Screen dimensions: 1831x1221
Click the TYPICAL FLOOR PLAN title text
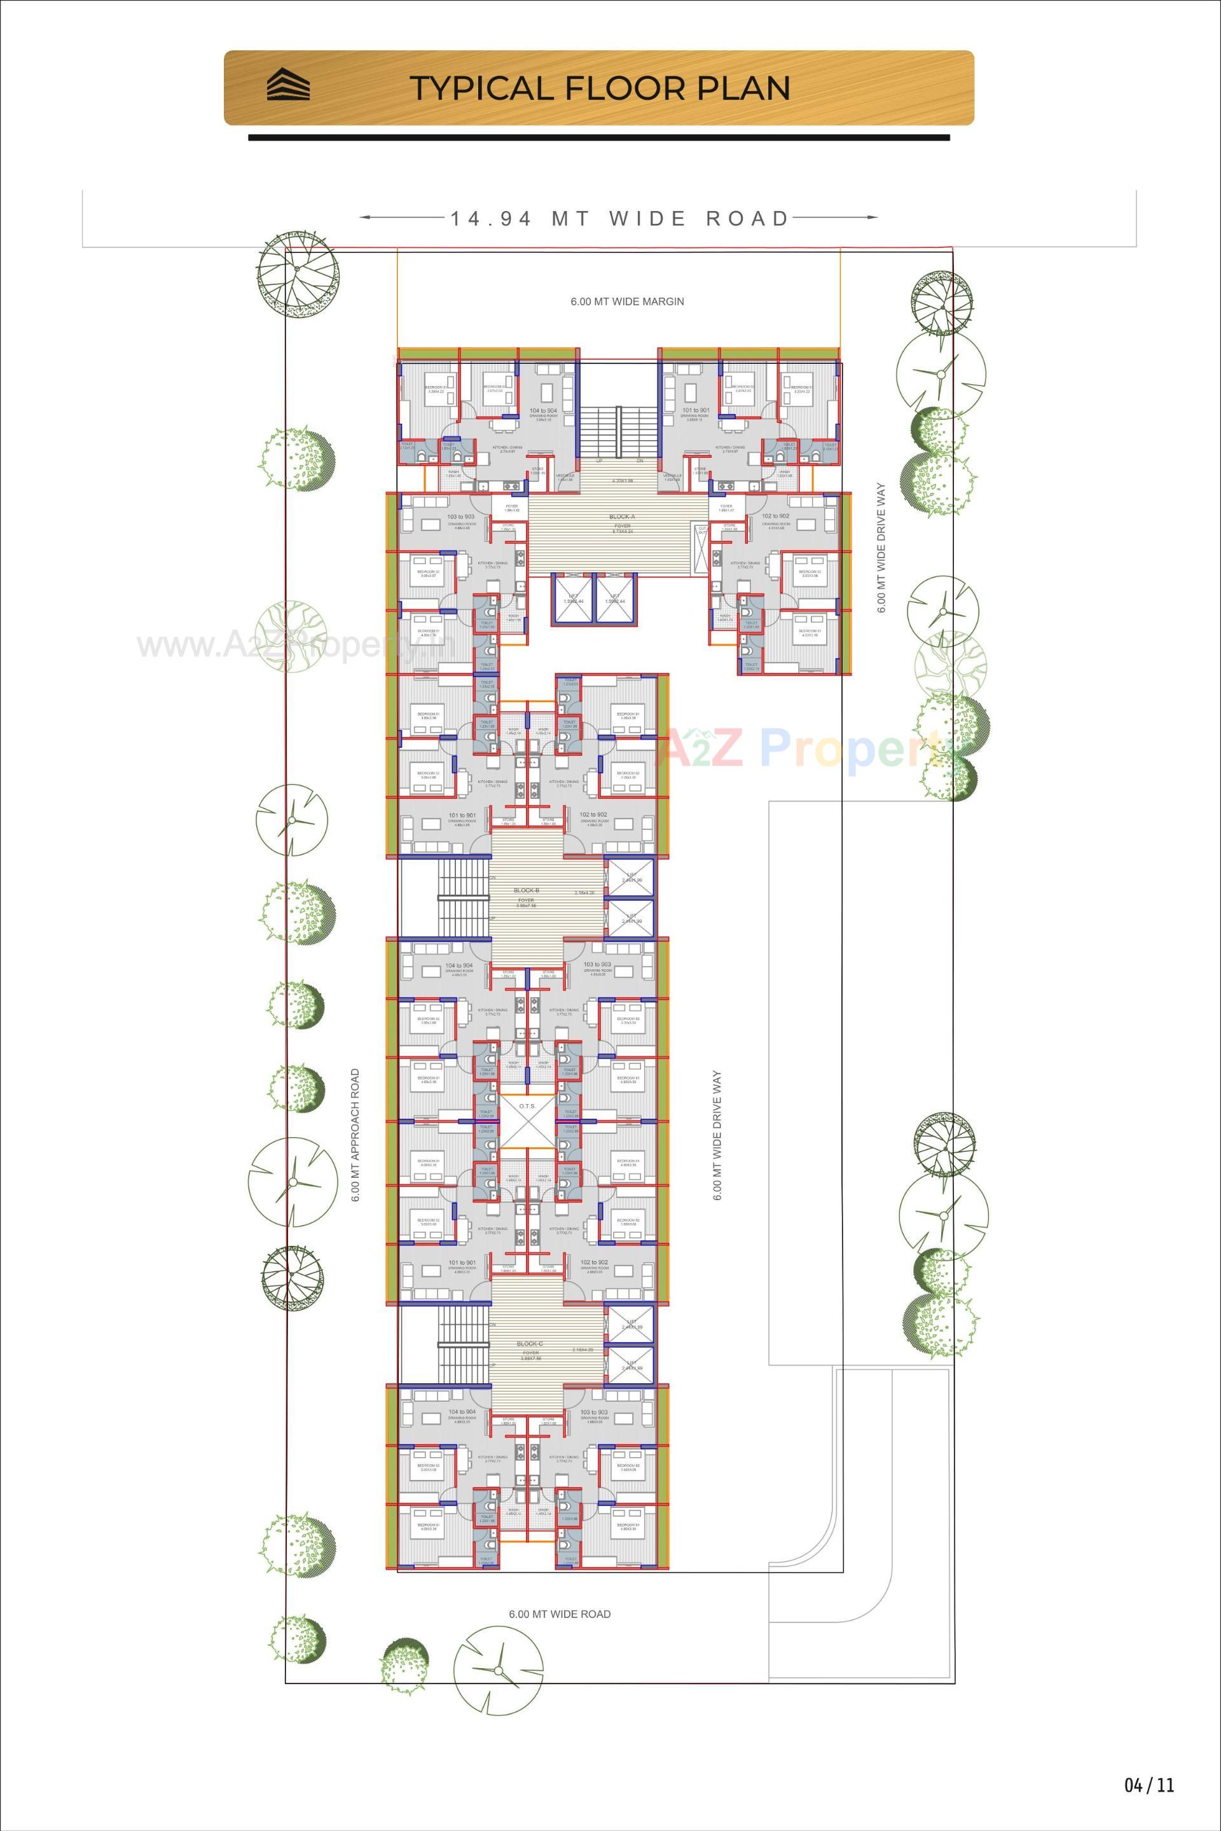pos(600,88)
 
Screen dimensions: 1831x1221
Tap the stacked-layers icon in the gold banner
pos(288,86)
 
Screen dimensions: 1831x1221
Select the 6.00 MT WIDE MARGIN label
pos(627,301)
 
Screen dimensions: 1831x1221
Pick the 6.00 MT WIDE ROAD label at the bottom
pos(559,1615)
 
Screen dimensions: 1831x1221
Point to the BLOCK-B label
pos(527,890)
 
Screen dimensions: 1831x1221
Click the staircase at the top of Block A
pos(618,433)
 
